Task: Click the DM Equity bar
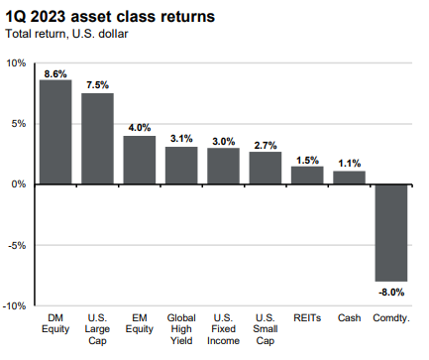55,132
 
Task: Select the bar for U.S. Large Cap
97,139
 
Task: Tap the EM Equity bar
140,160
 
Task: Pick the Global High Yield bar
181,166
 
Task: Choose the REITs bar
307,176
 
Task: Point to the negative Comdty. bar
390,233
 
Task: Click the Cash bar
349,178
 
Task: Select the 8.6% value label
55,73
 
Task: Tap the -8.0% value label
390,291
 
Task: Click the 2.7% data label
266,145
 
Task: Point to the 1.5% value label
307,160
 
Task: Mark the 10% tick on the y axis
17,62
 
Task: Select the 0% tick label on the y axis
20,184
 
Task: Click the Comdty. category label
390,320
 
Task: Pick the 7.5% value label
98,86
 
